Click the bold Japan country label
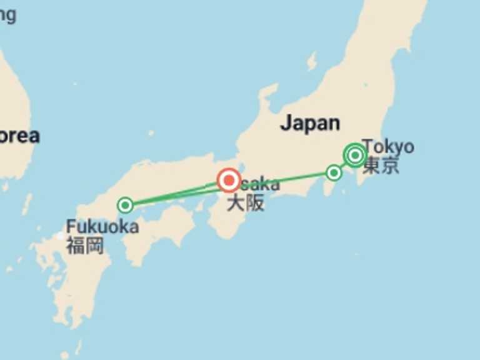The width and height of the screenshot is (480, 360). click(310, 122)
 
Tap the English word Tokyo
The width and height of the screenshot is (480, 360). click(389, 147)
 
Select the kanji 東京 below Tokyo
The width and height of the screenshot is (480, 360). click(381, 166)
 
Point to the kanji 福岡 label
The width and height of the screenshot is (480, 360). click(84, 245)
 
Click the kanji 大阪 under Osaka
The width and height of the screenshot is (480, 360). click(245, 203)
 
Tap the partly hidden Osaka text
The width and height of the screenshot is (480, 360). click(260, 184)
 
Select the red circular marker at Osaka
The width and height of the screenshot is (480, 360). click(229, 181)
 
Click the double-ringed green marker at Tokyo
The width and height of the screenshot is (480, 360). click(355, 154)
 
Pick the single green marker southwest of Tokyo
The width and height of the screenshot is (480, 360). click(334, 172)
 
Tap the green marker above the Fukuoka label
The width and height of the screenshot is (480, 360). click(125, 205)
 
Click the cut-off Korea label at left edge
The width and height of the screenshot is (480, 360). click(19, 136)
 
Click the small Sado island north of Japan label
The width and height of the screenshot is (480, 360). click(311, 61)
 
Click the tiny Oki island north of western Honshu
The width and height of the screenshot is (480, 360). click(151, 133)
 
